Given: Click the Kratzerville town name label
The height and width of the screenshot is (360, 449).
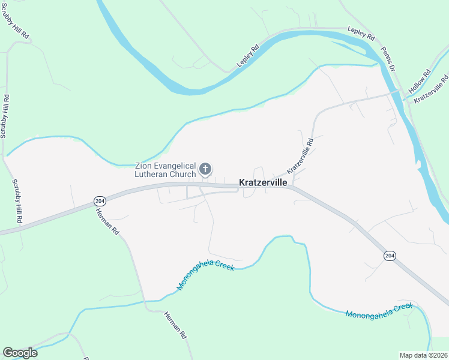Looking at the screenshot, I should [x=263, y=182].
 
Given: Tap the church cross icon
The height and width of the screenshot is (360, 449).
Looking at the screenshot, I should [x=205, y=169].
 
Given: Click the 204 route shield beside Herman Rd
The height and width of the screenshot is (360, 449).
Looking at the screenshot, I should [x=100, y=200].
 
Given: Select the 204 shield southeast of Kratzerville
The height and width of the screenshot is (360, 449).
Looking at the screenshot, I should [x=390, y=256].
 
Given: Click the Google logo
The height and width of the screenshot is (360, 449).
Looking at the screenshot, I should [x=20, y=353].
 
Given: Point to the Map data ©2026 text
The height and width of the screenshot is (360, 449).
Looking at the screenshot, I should [x=423, y=355].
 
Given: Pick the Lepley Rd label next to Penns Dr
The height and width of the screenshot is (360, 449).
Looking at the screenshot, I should [x=361, y=32].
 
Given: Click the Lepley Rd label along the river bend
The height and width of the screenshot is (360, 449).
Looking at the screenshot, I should [x=247, y=55].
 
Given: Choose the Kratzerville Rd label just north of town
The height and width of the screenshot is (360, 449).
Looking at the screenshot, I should [x=301, y=154].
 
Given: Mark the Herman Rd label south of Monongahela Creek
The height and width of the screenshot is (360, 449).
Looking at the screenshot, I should [x=175, y=326].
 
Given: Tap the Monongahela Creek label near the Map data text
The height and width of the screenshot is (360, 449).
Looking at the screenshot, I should [x=379, y=311].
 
